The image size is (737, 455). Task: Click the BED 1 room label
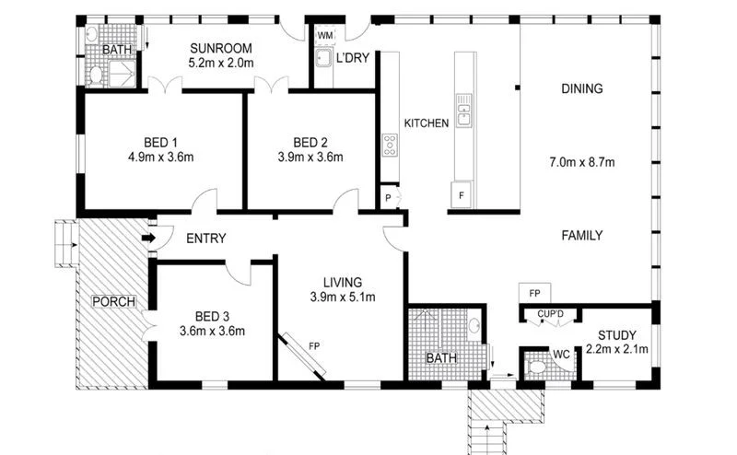pos(161,142)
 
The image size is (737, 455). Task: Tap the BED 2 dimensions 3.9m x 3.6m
pos(310,157)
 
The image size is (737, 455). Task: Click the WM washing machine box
pos(324,36)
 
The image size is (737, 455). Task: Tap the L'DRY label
pos(353,57)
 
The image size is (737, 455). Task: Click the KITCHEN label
pos(427,122)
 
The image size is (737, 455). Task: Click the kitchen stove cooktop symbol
pos(390,145)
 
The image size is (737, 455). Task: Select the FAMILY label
pos(582,236)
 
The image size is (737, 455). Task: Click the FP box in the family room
pos(534,293)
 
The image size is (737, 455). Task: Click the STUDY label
pos(616,334)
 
